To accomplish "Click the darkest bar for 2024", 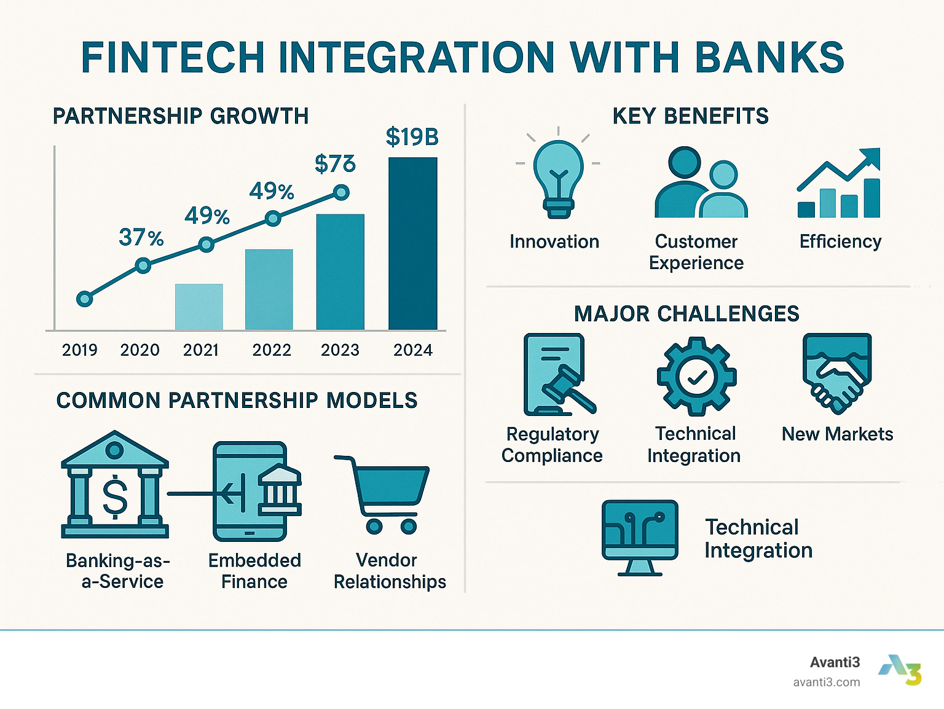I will [412, 243].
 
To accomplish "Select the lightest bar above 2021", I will [199, 307].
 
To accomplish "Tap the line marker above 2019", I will [85, 299].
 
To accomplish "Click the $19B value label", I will [412, 137].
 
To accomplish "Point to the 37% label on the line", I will [141, 237].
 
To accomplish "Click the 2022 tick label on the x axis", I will [272, 350].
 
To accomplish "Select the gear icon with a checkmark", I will [696, 377].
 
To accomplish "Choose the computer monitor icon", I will [640, 536].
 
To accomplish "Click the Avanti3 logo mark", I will [902, 670].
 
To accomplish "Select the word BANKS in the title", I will [769, 58].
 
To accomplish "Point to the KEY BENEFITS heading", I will [690, 116].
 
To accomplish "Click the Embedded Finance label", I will [254, 571].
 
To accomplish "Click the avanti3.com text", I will [826, 682].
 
